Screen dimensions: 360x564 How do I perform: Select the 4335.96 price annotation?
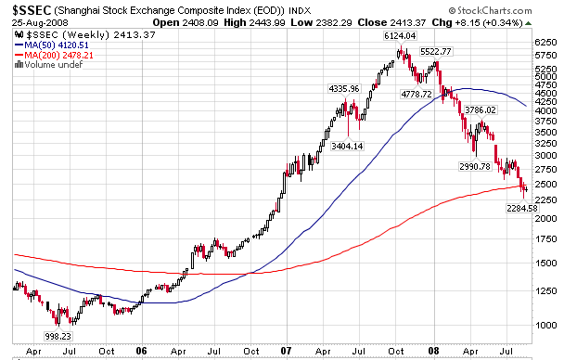pos(344,89)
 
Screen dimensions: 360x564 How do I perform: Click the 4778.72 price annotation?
pos(417,95)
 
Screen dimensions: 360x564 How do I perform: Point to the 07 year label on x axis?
pos(287,353)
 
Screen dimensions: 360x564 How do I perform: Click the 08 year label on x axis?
pos(431,353)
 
